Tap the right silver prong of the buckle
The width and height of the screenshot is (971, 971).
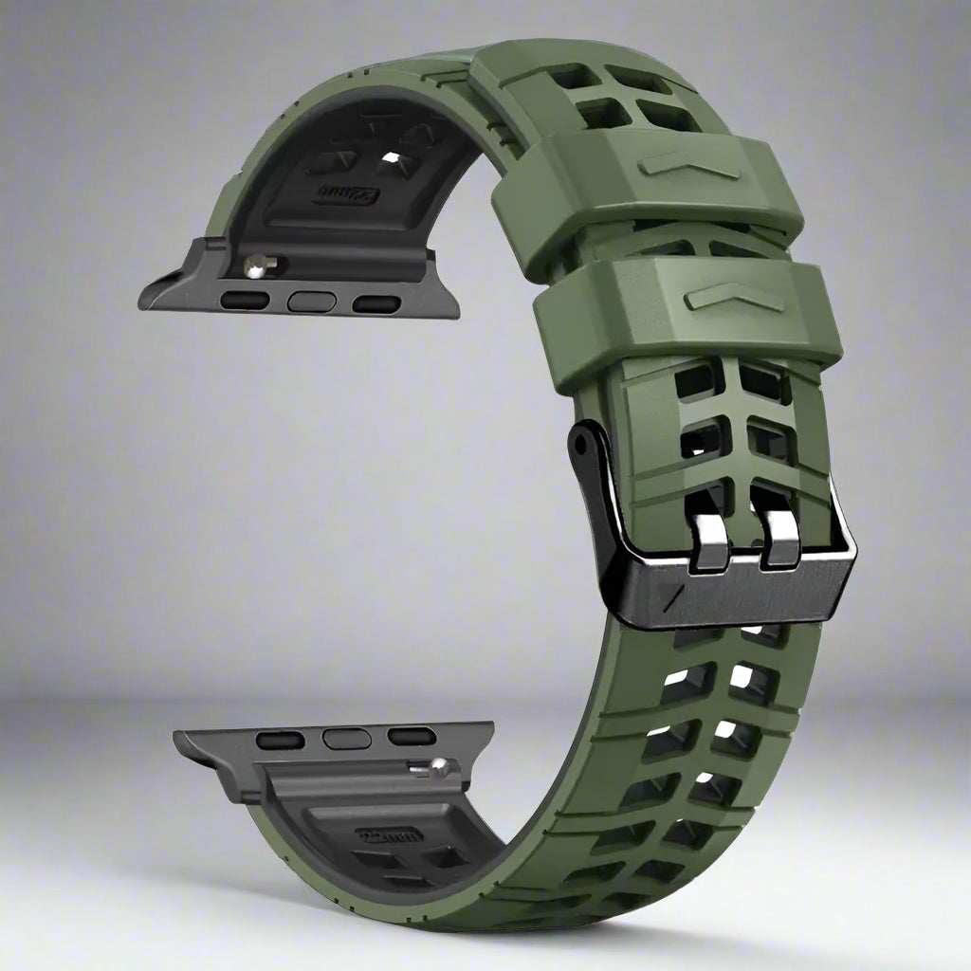(x=779, y=536)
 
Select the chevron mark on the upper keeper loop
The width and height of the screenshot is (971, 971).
(x=688, y=163)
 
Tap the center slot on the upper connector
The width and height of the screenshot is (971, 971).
(x=312, y=302)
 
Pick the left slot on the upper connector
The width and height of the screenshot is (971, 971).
(x=245, y=301)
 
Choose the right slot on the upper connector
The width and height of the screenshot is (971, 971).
(x=376, y=303)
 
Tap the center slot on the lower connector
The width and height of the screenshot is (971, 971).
(x=345, y=738)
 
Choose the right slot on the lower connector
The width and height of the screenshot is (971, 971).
(x=412, y=736)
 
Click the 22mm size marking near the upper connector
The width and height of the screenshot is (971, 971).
(x=348, y=194)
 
